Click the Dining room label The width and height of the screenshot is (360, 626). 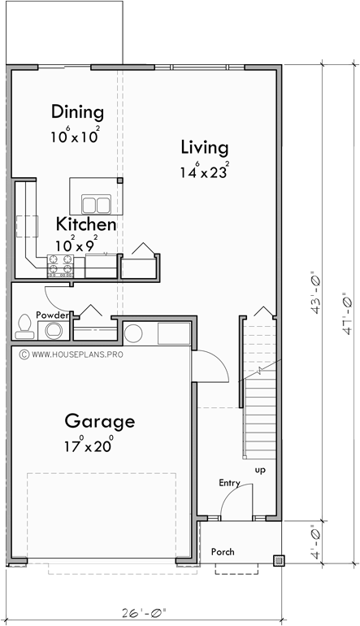(77, 111)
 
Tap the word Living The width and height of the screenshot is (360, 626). (204, 147)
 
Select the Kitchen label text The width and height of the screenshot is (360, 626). (85, 224)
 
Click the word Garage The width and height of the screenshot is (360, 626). (99, 422)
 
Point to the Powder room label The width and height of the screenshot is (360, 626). (50, 315)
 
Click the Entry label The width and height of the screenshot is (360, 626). (229, 483)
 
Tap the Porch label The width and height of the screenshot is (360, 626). (223, 552)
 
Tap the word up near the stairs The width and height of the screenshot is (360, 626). (258, 470)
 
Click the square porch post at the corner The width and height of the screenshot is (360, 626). (279, 560)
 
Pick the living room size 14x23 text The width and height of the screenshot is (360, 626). (204, 172)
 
